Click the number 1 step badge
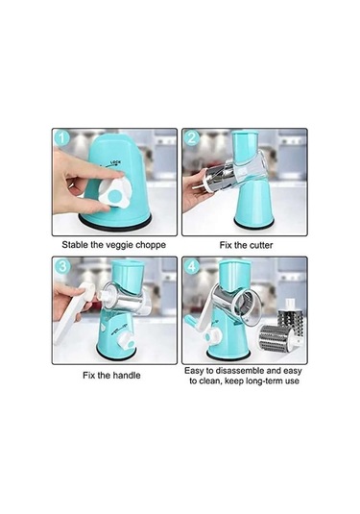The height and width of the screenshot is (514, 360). tap(61, 138)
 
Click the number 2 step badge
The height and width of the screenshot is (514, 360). tap(191, 137)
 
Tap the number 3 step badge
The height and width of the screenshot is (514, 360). tap(62, 266)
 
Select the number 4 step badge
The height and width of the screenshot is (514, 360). tap(192, 266)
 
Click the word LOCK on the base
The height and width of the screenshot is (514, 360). tap(115, 162)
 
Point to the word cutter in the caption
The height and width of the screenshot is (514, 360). tap(261, 245)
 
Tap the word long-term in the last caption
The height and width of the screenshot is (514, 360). tap(263, 380)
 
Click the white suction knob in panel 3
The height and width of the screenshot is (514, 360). tap(126, 341)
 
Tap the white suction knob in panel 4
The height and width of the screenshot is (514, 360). tap(212, 335)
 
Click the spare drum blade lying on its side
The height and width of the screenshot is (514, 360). tap(276, 339)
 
